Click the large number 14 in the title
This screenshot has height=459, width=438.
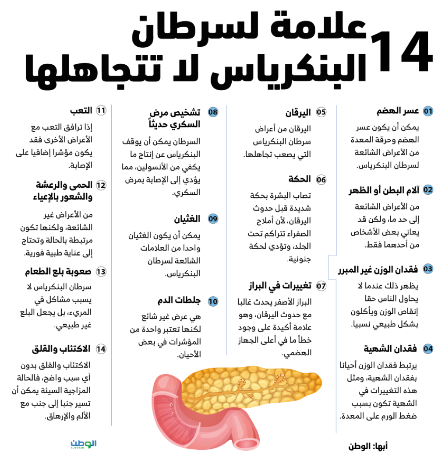coord(401,52)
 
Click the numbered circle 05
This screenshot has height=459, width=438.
coord(321,112)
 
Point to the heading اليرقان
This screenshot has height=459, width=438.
coord(298,112)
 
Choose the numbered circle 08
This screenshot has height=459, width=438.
coord(213,112)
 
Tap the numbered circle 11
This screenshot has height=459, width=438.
coord(101,110)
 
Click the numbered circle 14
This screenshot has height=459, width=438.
coord(101,349)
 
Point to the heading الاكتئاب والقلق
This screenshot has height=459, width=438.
coord(61,349)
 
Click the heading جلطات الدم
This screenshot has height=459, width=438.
coord(179,301)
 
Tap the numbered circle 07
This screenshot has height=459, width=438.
coord(321,286)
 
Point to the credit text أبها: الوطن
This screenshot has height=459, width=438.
coord(368,446)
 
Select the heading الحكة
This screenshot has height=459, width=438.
coord(300,179)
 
